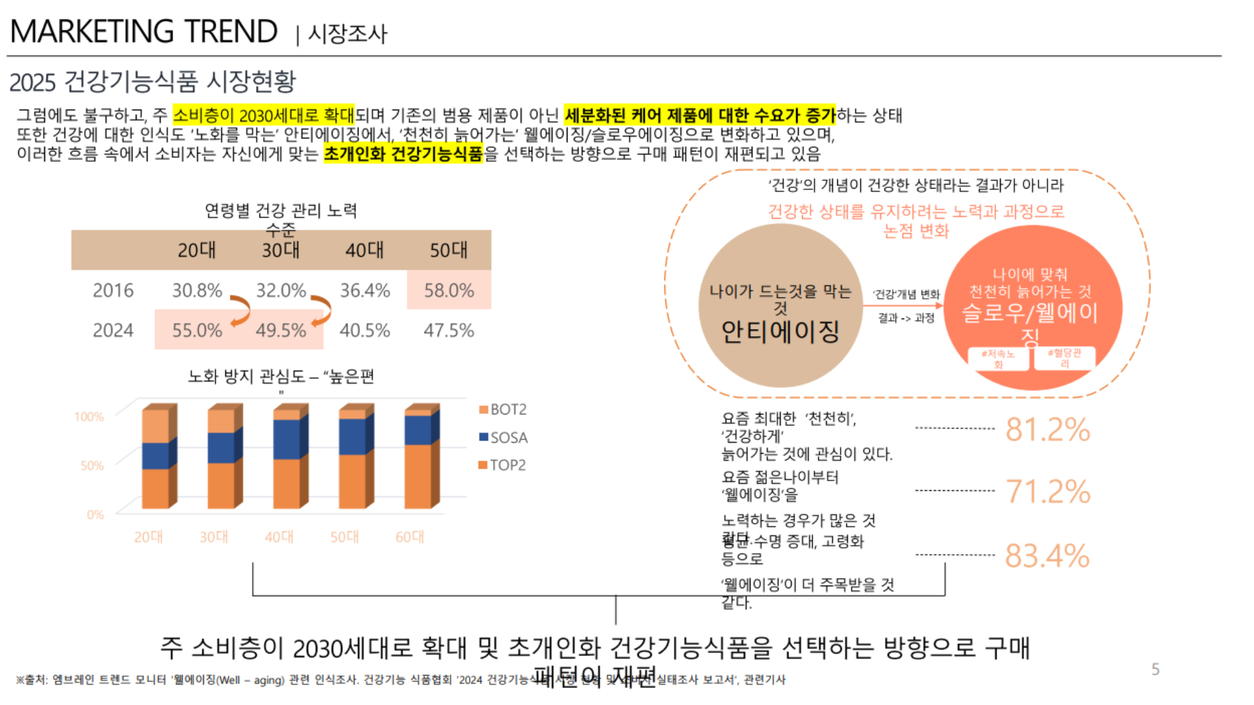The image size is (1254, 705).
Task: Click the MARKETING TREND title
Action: pyautogui.click(x=144, y=31)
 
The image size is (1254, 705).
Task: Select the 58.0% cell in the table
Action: pyautogui.click(x=449, y=290)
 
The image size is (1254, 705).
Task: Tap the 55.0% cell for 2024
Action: pyautogui.click(x=197, y=330)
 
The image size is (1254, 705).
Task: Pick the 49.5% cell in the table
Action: pyautogui.click(x=281, y=330)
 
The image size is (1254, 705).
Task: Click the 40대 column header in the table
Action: pyautogui.click(x=364, y=250)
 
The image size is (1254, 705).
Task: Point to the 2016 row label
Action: pyautogui.click(x=113, y=290)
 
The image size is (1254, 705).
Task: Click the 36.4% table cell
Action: pyautogui.click(x=364, y=290)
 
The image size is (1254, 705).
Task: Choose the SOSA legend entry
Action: pyautogui.click(x=504, y=437)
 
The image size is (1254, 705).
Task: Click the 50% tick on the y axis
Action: pyautogui.click(x=92, y=465)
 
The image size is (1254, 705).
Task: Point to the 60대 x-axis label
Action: pyautogui.click(x=410, y=537)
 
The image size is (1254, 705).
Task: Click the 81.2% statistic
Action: pyautogui.click(x=1048, y=430)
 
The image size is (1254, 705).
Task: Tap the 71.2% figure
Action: pyautogui.click(x=1048, y=492)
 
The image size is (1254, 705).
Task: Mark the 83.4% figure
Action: pyautogui.click(x=1047, y=556)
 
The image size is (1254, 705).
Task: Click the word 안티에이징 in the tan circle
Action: pyautogui.click(x=780, y=332)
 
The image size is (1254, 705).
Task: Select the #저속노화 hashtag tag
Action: pyautogui.click(x=998, y=359)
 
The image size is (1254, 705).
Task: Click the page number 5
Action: pyautogui.click(x=1155, y=669)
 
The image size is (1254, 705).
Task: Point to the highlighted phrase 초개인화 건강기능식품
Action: pyautogui.click(x=403, y=154)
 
